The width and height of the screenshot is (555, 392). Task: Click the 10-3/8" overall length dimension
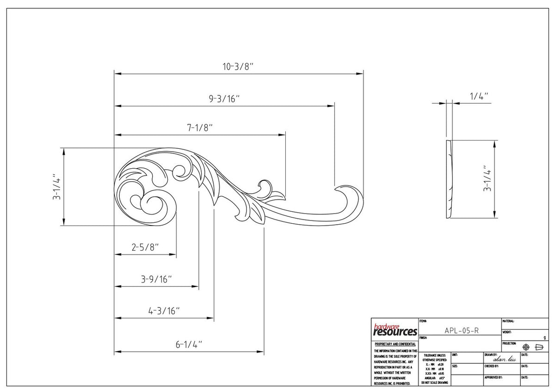click(239, 67)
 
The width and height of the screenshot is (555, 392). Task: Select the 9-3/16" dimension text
click(224, 98)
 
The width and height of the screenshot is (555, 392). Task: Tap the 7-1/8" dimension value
click(200, 128)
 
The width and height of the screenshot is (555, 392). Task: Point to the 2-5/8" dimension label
click(145, 247)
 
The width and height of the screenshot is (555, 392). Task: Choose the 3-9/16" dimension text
click(156, 279)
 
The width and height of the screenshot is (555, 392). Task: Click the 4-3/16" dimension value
click(164, 311)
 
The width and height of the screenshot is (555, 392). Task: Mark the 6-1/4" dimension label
click(188, 344)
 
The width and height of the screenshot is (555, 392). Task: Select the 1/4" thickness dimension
click(479, 96)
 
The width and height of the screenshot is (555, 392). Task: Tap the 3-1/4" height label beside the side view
click(487, 179)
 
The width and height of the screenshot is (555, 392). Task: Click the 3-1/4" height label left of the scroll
click(57, 187)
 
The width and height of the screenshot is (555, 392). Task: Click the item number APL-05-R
click(461, 330)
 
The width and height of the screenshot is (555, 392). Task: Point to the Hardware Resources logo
click(395, 330)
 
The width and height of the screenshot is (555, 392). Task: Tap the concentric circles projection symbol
click(526, 347)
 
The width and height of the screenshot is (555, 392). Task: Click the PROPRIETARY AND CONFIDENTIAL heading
click(395, 344)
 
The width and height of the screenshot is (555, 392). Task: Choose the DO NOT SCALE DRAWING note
click(434, 383)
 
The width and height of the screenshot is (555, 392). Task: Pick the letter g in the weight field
click(544, 338)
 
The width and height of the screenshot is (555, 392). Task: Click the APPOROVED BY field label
click(493, 378)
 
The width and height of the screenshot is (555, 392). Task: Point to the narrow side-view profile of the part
click(450, 179)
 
